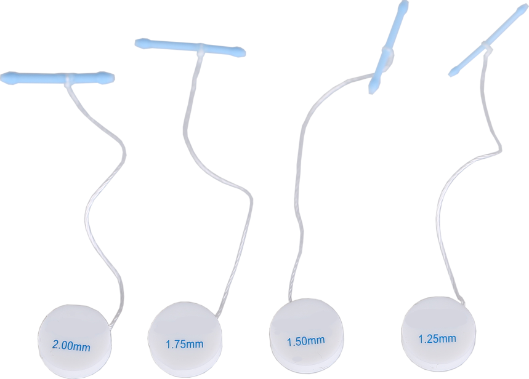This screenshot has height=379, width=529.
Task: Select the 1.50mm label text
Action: click(x=305, y=340)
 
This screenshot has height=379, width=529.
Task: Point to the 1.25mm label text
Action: click(x=437, y=338)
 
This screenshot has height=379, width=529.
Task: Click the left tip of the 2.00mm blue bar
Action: click(x=2, y=78)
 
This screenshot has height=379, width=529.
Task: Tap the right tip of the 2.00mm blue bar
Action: click(x=113, y=78)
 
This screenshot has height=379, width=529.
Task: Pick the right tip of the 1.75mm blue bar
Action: click(x=244, y=50)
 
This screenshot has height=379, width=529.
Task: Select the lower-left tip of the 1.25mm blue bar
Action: click(x=451, y=74)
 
